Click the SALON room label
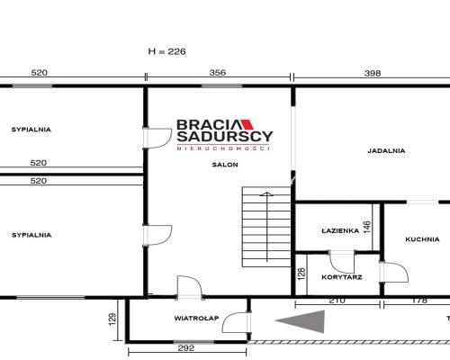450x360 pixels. tap(225, 165)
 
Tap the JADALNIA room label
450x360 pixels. tap(386, 150)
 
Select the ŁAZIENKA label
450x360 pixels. tap(340, 230)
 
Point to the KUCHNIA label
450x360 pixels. tap(422, 239)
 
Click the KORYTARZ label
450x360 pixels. tap(342, 277)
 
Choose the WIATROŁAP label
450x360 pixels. tap(196, 319)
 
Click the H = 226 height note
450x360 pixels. tap(167, 51)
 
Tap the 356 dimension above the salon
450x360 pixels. tap(218, 73)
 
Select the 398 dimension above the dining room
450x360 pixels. tap(373, 73)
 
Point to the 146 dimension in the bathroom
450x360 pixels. tap(367, 227)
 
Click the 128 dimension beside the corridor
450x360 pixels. tap(301, 274)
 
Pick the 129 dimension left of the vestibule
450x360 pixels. tap(112, 319)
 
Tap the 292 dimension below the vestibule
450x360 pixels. tap(186, 348)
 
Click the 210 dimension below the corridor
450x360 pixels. tap(337, 301)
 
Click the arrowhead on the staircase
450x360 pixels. tap(266, 193)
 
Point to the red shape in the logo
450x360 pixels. tap(247, 124)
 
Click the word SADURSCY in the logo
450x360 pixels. tap(225, 137)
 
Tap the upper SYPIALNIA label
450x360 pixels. tap(31, 130)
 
